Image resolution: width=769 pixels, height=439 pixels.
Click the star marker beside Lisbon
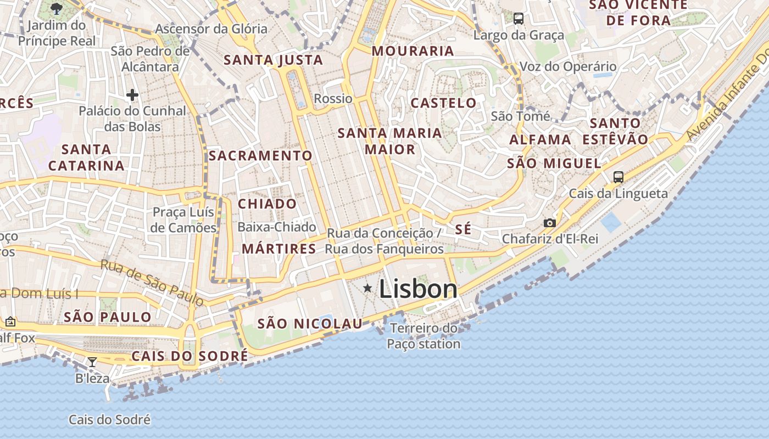click(367, 288)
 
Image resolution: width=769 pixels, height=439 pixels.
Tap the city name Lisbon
click(418, 289)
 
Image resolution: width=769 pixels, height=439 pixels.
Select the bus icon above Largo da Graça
click(518, 19)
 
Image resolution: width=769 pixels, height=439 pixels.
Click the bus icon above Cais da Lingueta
click(618, 177)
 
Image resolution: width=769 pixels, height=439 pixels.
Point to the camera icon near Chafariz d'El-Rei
click(549, 223)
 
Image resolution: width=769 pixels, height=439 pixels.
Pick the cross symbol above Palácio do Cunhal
click(132, 95)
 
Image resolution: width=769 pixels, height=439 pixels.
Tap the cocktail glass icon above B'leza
click(92, 362)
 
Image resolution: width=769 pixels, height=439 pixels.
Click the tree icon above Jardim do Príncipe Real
click(56, 8)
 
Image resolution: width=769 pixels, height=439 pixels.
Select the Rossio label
click(333, 99)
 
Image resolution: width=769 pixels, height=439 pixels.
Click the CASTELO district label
click(444, 103)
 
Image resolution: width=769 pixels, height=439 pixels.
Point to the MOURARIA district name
click(413, 51)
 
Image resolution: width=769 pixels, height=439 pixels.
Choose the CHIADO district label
click(267, 204)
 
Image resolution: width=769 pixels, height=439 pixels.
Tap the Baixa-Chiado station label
click(277, 227)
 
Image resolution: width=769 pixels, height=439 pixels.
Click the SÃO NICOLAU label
click(310, 324)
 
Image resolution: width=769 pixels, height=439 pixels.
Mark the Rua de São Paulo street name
click(152, 282)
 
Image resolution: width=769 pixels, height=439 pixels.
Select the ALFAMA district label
click(540, 139)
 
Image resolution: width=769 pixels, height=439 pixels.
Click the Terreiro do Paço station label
click(423, 336)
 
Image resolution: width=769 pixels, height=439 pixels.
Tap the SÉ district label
click(463, 229)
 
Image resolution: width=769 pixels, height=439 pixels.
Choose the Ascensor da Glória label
click(211, 29)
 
